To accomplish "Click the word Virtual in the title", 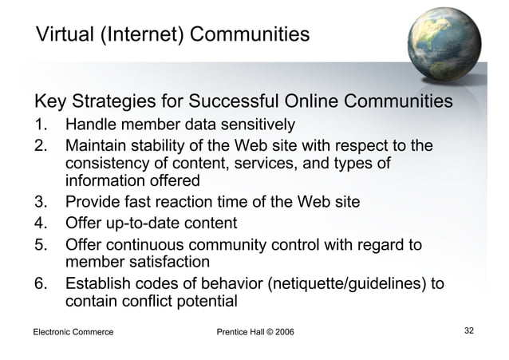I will [61, 35].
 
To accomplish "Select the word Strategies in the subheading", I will [117, 104].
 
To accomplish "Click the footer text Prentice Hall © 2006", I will [254, 331].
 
